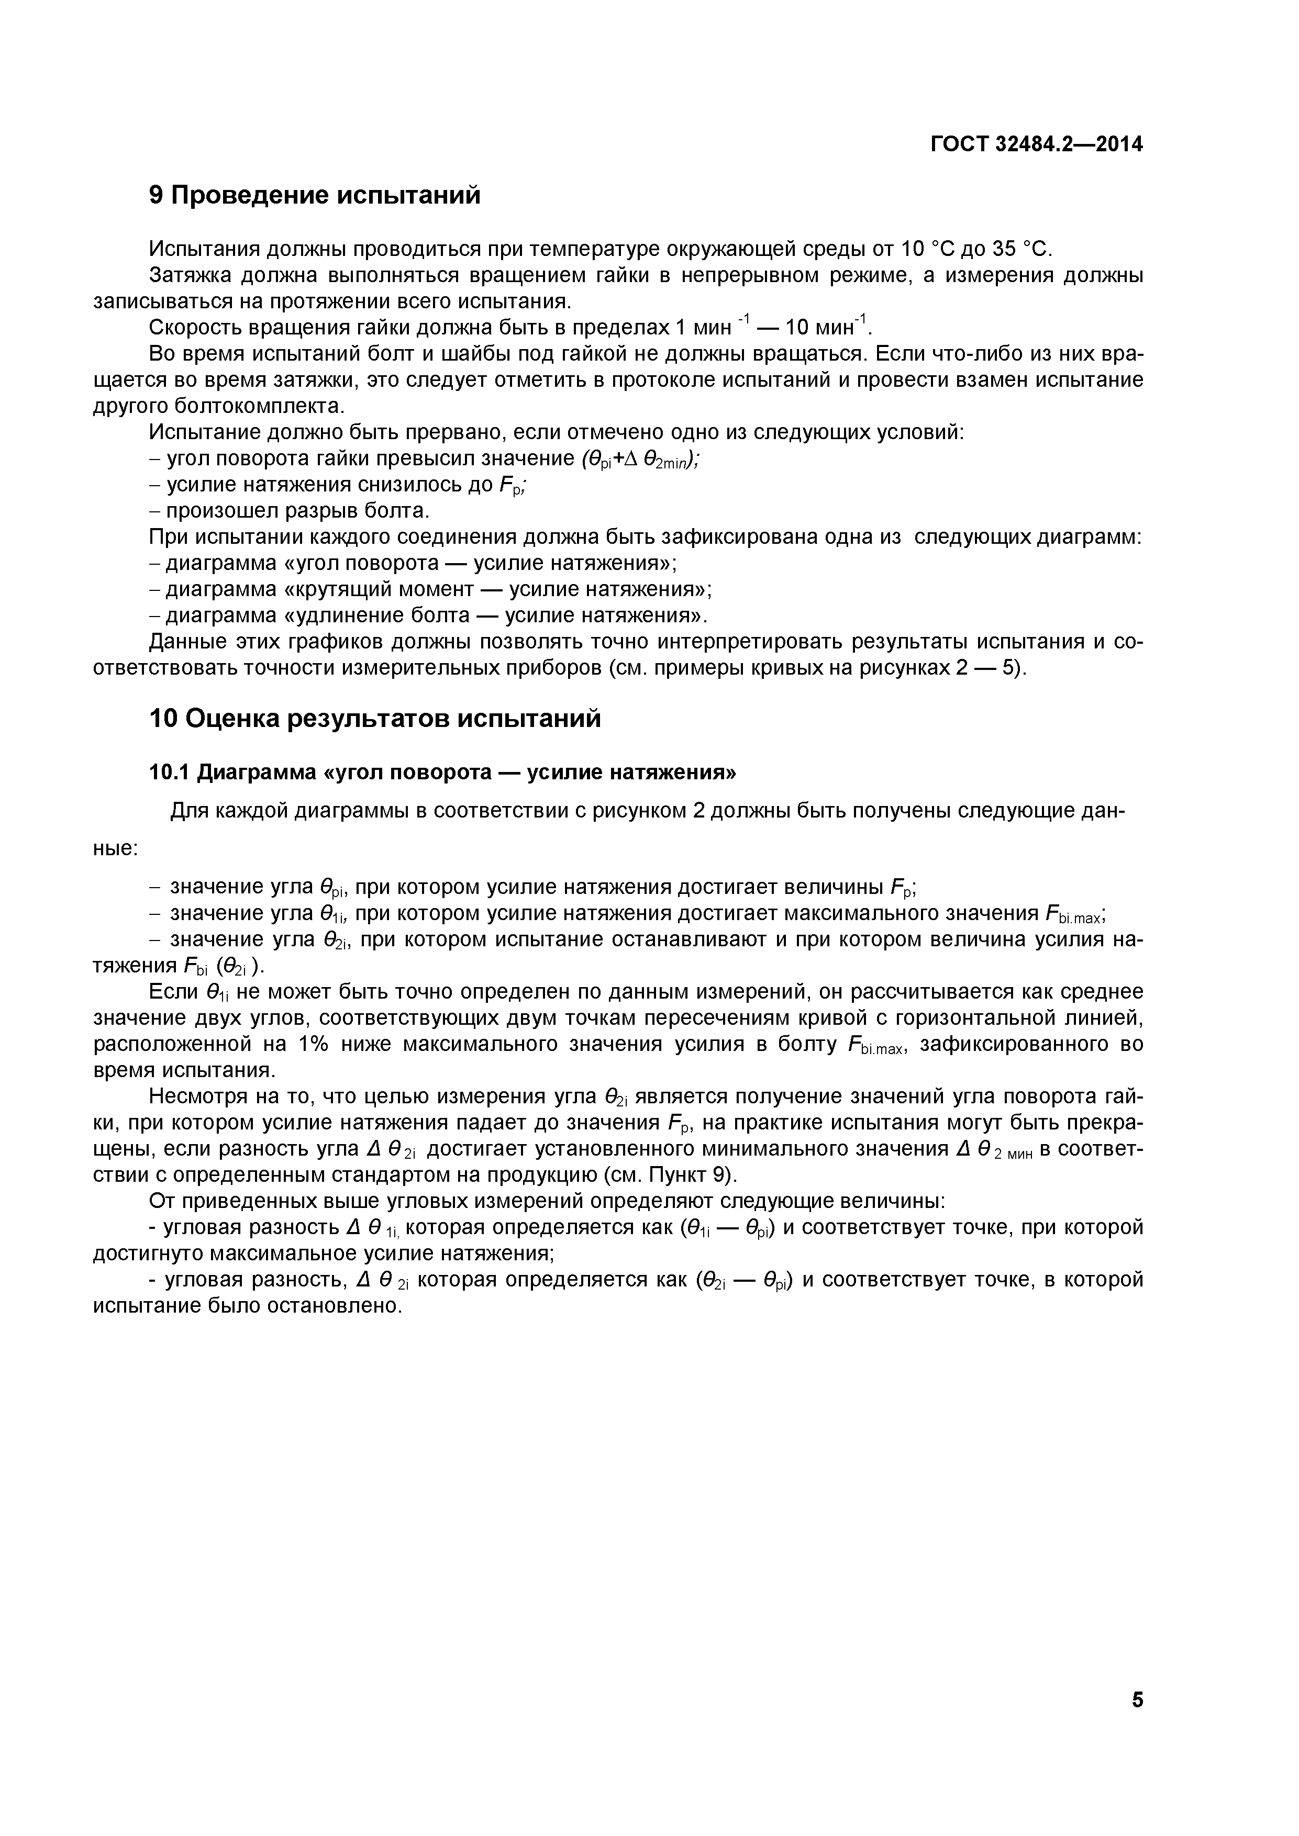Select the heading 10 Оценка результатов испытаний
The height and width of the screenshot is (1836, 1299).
[375, 719]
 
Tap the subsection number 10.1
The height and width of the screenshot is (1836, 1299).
[169, 773]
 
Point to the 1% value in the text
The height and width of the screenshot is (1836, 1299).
[316, 1044]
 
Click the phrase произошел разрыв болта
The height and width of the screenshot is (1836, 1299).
[297, 511]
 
